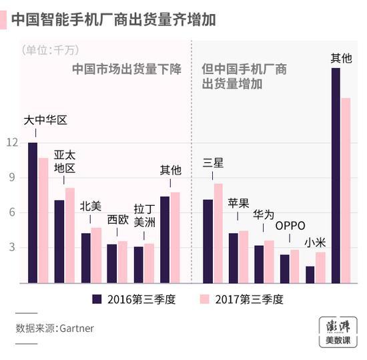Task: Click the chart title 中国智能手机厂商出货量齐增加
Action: coord(113,18)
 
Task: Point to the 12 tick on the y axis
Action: coord(12,142)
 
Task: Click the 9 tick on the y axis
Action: coord(12,178)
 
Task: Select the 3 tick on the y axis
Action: coord(12,248)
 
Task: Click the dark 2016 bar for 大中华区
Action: coord(33,212)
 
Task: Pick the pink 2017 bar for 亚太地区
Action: coord(70,235)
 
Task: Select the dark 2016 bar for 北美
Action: coord(85,258)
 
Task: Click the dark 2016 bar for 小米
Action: coord(310,274)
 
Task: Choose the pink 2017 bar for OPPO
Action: coord(294,266)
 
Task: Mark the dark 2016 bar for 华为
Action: coord(259,264)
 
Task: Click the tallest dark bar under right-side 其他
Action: coord(336,175)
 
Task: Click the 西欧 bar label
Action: coord(117,220)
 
